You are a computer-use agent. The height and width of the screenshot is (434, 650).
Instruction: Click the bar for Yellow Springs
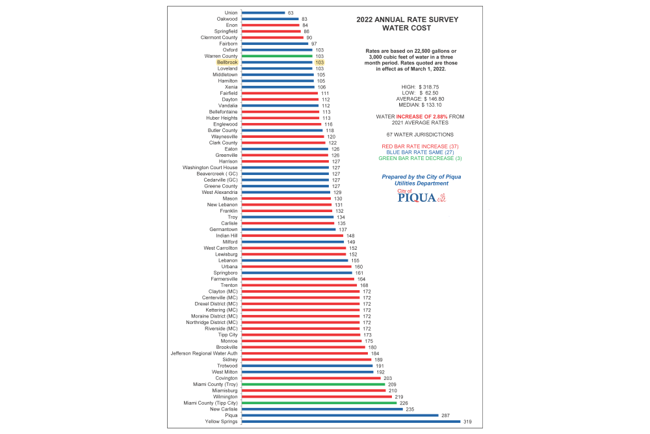(350, 422)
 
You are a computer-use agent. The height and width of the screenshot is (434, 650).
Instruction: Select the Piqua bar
(340, 415)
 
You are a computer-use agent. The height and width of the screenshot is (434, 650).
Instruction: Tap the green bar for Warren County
(277, 56)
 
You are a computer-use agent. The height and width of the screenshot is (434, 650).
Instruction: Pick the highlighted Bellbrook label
(227, 62)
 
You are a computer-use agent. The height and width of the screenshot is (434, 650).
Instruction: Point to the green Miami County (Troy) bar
(313, 385)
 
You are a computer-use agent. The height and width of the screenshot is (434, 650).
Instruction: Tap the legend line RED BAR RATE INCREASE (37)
(419, 146)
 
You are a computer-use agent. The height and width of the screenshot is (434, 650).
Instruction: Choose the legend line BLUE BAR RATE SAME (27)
(419, 152)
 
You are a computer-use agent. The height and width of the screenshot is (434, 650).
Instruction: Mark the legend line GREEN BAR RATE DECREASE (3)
(419, 158)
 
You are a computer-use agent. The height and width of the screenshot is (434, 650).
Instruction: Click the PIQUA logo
(419, 197)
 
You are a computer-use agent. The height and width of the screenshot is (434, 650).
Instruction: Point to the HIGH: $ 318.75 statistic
(419, 87)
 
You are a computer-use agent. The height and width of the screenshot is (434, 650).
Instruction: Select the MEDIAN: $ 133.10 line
(419, 104)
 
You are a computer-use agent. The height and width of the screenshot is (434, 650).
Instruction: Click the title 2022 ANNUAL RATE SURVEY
(408, 20)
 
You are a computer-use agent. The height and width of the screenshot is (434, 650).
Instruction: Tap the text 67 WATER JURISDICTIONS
(419, 134)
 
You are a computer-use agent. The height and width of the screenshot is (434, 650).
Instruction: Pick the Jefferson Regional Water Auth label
(203, 353)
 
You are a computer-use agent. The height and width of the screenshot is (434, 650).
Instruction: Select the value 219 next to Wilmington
(399, 397)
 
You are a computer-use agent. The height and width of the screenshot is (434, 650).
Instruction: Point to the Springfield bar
(271, 31)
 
